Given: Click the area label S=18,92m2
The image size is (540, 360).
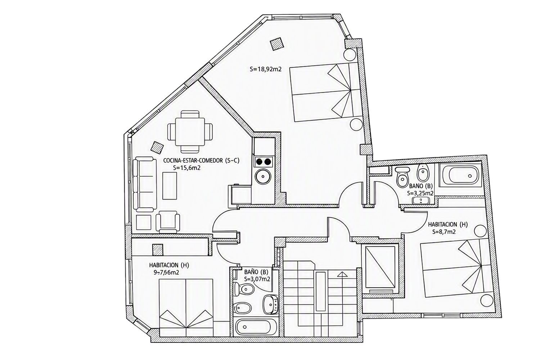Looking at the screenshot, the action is [266, 69].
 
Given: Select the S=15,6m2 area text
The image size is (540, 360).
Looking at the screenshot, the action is [187, 168].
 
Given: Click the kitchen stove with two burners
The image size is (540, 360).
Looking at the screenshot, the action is [263, 162].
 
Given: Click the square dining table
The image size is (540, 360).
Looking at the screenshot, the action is [190, 132].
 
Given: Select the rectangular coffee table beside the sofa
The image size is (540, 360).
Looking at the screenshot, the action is [170, 185].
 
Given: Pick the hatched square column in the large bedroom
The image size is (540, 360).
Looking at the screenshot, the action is [276, 44].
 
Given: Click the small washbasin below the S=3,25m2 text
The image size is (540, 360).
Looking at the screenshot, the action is [421, 201].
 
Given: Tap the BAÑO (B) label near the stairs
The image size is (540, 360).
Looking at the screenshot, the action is [256, 272].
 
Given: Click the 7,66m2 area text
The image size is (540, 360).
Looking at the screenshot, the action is [170, 273].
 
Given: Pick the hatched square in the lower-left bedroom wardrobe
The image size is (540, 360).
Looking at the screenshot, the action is [158, 250].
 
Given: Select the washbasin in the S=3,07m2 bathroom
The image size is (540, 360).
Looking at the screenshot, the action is [270, 304].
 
